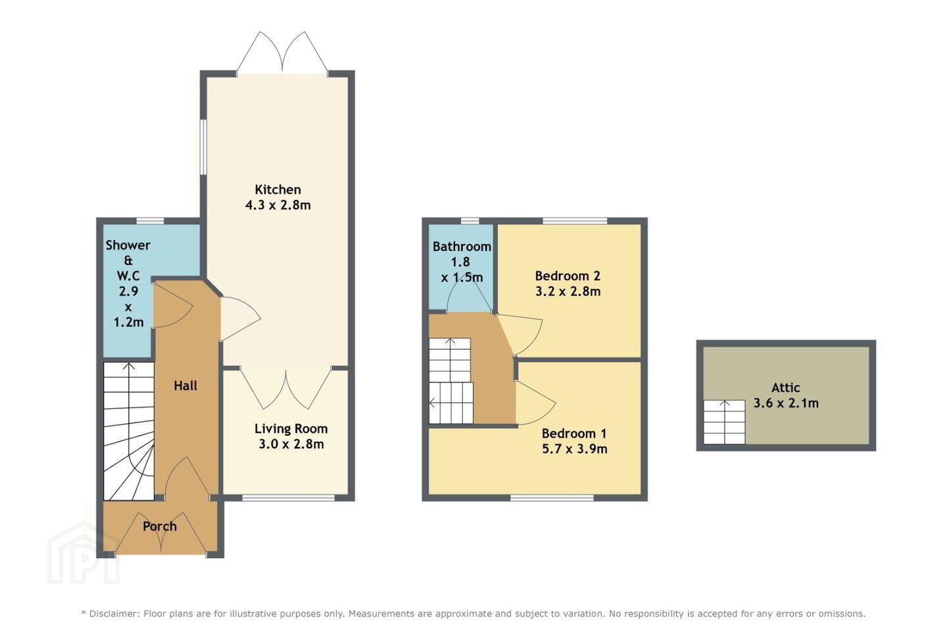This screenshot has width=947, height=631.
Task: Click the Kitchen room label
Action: tap(278, 189)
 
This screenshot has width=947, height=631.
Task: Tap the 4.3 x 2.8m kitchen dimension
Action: tap(278, 205)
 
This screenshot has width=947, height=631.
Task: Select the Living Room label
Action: tap(291, 429)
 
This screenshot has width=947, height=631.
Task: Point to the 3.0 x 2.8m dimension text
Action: tap(291, 444)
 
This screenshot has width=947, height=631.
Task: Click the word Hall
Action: tap(185, 385)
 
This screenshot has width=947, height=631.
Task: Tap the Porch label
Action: tap(160, 526)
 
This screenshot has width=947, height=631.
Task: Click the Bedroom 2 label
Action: tap(568, 276)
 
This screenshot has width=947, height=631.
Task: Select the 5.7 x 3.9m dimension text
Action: tap(575, 448)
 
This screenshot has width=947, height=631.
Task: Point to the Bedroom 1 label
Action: tap(574, 433)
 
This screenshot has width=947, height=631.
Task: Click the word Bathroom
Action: tap(462, 246)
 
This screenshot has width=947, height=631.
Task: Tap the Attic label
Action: tap(786, 388)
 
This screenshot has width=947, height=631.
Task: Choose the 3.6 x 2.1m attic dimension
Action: tap(787, 403)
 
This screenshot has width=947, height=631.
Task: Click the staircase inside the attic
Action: tap(724, 422)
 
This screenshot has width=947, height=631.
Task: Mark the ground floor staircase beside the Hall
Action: tap(128, 431)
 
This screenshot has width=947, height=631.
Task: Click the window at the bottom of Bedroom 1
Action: tap(552, 498)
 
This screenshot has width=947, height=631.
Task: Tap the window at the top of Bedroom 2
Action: tap(575, 220)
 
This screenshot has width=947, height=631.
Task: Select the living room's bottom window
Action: tap(289, 498)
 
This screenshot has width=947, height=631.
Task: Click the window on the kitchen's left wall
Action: tap(203, 147)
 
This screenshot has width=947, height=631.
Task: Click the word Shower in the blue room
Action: tap(128, 245)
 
